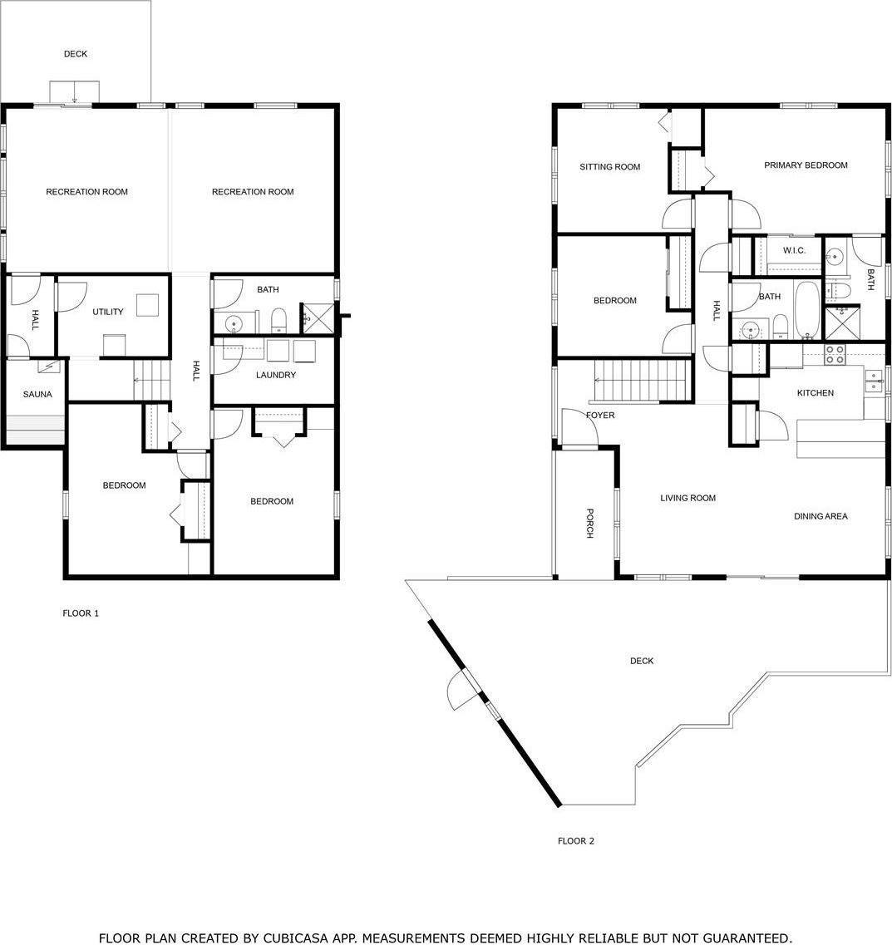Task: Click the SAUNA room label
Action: [x=37, y=394]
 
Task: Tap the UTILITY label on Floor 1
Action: [x=108, y=312]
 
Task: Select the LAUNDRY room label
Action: [x=275, y=375]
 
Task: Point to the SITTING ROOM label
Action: [x=609, y=167]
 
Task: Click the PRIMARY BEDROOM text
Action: [x=806, y=165]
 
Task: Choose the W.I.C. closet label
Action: [x=794, y=250]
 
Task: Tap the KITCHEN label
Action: [x=815, y=393]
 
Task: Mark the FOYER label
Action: [x=600, y=415]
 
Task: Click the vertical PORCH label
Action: [x=589, y=523]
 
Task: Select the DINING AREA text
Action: [x=821, y=516]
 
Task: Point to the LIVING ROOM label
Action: [x=687, y=498]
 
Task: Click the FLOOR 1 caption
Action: [x=81, y=613]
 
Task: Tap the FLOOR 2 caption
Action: [x=575, y=841]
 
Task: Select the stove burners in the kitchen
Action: [x=834, y=355]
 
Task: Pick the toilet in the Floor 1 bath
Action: [x=279, y=319]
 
